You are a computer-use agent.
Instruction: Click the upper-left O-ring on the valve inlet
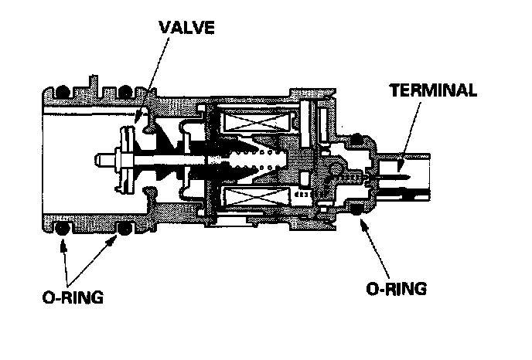(61, 90)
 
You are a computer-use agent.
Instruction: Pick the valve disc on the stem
(122, 160)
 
